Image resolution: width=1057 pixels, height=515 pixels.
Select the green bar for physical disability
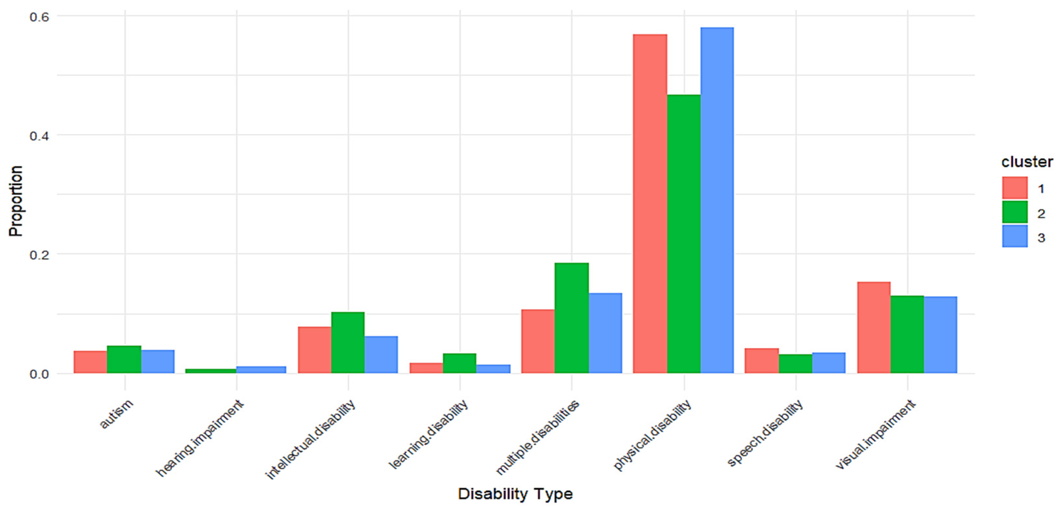click(684, 234)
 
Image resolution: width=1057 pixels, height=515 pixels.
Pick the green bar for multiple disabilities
click(572, 318)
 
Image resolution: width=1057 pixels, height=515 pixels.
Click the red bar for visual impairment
click(874, 327)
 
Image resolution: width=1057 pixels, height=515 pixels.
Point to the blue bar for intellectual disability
click(381, 355)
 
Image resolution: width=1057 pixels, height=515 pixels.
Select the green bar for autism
click(124, 359)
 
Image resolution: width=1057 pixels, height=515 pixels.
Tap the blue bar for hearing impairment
click(261, 370)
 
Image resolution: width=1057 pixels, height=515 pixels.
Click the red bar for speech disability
click(762, 360)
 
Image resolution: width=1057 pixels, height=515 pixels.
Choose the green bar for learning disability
click(460, 363)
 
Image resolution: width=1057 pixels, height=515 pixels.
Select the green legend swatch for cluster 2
click(1015, 212)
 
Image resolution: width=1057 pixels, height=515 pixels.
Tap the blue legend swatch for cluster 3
click(1015, 236)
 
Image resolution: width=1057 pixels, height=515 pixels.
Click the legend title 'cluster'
click(1027, 162)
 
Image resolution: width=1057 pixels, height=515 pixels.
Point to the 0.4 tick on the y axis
click(39, 136)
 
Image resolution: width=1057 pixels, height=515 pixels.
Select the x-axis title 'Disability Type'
click(515, 494)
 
